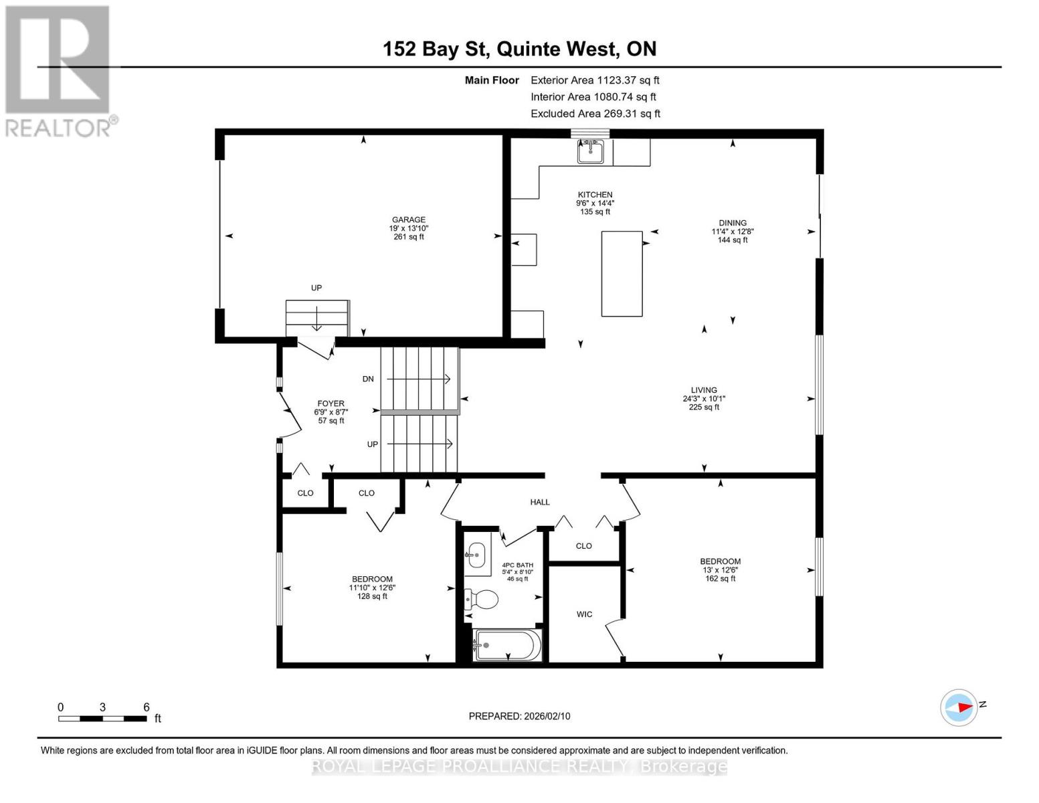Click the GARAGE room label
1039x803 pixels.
[408, 220]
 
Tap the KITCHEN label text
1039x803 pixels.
[595, 195]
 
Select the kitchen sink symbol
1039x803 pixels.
[591, 151]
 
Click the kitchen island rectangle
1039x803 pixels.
[622, 274]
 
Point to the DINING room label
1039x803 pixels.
[733, 224]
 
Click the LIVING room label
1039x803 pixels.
[704, 390]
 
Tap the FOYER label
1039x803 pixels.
[330, 404]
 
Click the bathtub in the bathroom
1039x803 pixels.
[507, 645]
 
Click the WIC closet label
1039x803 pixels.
[584, 614]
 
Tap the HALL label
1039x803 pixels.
[540, 502]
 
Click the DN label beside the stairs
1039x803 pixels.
[368, 379]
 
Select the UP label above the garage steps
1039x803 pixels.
[316, 288]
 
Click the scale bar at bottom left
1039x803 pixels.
[102, 719]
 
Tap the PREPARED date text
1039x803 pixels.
[519, 716]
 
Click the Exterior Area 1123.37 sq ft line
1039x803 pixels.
[595, 80]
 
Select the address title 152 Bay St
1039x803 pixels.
[519, 49]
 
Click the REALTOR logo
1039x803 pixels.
[59, 70]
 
